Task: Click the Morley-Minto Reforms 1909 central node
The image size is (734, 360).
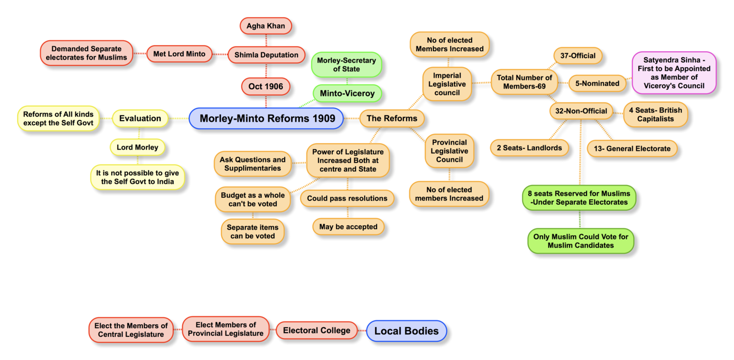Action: [266, 118]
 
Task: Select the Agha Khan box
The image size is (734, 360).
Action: [266, 26]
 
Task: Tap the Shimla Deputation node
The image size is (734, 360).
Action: [266, 54]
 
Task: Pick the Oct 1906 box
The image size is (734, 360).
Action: [266, 86]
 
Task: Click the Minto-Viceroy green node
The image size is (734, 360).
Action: [347, 93]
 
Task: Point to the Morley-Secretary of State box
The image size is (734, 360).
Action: [347, 64]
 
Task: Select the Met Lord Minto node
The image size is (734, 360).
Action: [179, 54]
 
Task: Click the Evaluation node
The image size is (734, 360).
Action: [140, 118]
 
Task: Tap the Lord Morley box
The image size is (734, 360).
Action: [138, 147]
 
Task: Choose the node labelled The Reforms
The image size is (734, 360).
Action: [392, 118]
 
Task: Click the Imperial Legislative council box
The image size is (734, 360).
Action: [447, 84]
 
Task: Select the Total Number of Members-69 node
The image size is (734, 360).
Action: [524, 82]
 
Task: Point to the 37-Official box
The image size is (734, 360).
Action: [578, 56]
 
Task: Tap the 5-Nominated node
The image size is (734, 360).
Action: [597, 83]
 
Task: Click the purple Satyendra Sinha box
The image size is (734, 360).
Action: [674, 73]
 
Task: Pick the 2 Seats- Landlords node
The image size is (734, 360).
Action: [529, 148]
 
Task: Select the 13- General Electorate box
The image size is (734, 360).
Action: [632, 148]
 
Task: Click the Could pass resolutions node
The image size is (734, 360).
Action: [347, 198]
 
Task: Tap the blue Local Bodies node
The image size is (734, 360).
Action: [407, 331]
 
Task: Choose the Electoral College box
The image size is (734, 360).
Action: [316, 330]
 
